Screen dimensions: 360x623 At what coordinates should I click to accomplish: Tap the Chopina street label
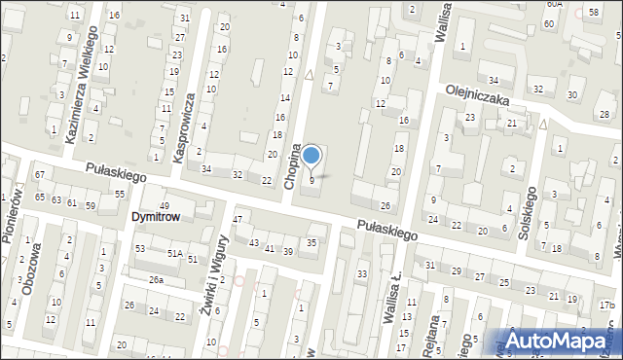(291, 165)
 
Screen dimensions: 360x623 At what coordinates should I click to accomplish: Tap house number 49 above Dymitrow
(165, 205)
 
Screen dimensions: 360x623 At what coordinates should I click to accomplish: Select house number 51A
(174, 253)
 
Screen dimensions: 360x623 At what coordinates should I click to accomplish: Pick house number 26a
(156, 280)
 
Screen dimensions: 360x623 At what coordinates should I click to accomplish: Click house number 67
(40, 174)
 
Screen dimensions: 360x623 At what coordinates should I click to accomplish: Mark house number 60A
(554, 4)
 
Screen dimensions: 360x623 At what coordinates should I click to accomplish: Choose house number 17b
(606, 306)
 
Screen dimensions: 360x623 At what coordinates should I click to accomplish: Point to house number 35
(311, 242)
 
